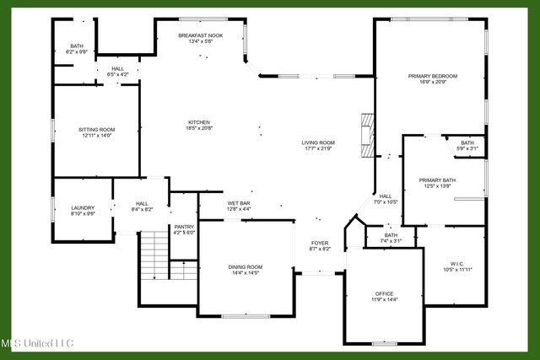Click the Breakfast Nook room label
(200, 35)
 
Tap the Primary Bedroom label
(432, 76)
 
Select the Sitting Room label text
(96, 130)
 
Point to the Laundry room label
(83, 207)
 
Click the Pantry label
(184, 226)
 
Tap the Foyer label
(319, 243)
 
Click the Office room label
(384, 293)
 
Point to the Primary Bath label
(437, 180)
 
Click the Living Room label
(318, 142)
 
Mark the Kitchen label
(198, 122)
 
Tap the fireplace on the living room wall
(364, 134)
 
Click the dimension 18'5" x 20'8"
(198, 128)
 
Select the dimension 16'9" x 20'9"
(432, 82)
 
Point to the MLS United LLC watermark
(37, 343)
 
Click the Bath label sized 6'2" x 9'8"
(77, 46)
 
